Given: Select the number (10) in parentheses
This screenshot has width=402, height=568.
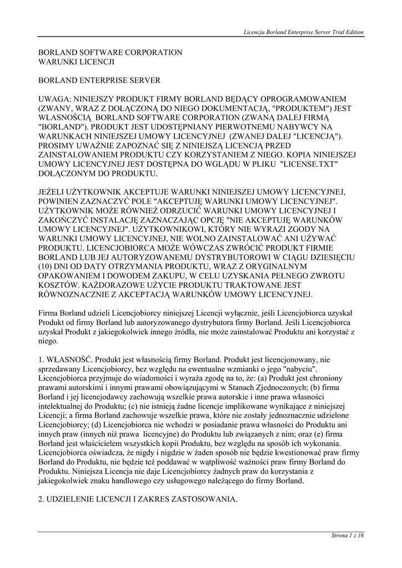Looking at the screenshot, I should [47, 267].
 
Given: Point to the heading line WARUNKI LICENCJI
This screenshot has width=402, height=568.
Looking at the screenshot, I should [76, 62].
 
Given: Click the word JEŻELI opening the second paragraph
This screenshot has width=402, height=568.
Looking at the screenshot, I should [53, 192].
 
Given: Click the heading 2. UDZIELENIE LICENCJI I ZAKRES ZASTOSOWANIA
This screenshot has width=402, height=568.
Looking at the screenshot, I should [138, 499].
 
